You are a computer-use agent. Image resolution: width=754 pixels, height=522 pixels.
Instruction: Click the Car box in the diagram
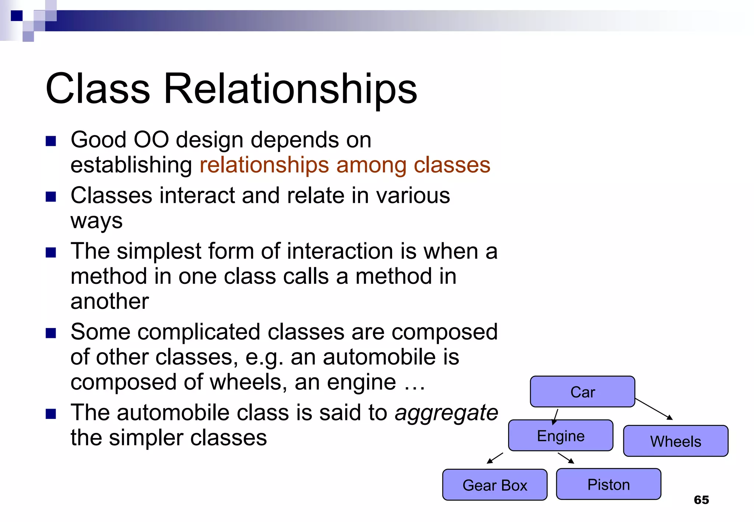point(582,392)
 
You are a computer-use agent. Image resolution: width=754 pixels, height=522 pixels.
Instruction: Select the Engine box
point(560,435)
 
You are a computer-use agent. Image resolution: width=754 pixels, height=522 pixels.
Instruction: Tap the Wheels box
point(676,441)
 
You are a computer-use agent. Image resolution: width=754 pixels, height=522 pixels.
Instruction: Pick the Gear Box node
point(494,485)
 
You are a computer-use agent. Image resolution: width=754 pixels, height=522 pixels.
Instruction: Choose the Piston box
point(608,484)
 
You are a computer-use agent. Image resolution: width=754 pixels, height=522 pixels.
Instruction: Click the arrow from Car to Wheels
point(654,409)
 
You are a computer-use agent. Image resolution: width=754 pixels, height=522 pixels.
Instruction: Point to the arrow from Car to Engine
point(556,417)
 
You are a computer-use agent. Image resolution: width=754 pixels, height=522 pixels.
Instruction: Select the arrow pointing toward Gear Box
point(495,458)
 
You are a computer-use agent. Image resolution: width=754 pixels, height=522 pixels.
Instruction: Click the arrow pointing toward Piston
point(566,458)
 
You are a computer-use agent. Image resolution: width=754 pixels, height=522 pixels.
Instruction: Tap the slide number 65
point(701,500)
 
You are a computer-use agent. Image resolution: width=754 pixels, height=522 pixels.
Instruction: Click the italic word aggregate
point(446,412)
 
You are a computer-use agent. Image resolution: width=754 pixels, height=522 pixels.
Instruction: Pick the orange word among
point(371,165)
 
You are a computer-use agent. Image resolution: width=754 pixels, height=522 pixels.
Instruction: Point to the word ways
point(96,221)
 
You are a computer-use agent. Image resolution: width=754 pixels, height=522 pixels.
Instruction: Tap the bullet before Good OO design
point(51,141)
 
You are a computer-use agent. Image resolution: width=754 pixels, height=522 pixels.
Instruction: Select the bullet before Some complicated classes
point(51,333)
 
